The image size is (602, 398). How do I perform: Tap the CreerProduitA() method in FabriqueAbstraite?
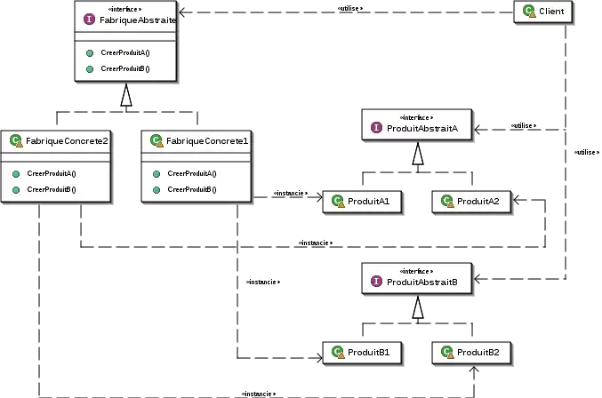(x=131, y=53)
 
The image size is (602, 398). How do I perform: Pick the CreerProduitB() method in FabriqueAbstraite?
(x=131, y=68)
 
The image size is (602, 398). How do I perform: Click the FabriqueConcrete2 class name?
(x=67, y=140)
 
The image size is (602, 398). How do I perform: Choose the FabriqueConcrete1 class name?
(x=207, y=140)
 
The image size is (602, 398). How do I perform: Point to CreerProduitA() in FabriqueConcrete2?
(x=51, y=173)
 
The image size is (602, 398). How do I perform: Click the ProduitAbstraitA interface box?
(x=417, y=124)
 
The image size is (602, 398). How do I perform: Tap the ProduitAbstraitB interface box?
(x=417, y=277)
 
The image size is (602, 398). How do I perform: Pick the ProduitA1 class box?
(x=362, y=202)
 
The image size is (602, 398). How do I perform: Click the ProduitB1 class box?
(x=362, y=353)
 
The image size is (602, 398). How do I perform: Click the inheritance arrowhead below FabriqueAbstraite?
(x=127, y=96)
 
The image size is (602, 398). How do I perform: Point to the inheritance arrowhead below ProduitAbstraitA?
(x=418, y=155)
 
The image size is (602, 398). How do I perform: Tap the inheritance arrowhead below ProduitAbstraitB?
(x=418, y=307)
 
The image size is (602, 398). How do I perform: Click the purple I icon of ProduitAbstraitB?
(x=377, y=282)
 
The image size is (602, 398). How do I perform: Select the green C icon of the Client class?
(x=529, y=12)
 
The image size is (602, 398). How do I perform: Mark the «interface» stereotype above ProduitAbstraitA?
(x=417, y=117)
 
